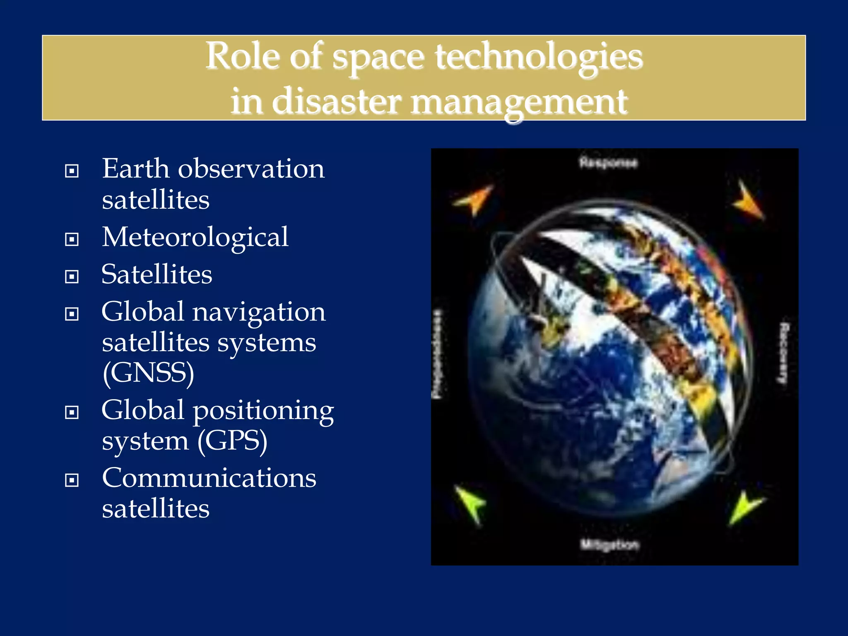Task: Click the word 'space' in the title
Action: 378,58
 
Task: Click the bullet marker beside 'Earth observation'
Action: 72,171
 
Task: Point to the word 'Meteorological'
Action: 195,238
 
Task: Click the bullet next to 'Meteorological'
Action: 72,239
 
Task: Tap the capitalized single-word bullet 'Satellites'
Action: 157,275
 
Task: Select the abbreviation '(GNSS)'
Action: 148,373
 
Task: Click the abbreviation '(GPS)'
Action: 232,441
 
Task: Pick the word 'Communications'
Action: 209,478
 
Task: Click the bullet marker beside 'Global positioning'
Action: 72,412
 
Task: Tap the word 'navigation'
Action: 259,312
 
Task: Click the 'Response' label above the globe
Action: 608,163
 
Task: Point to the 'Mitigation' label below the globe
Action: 609,544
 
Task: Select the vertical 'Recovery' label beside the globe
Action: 783,353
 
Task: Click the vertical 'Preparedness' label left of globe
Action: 437,354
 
